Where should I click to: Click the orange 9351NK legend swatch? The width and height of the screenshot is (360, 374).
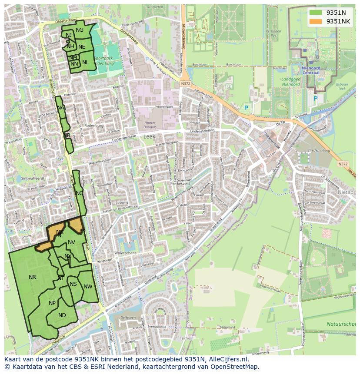point(316,21)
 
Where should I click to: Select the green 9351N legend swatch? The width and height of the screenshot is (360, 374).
point(316,13)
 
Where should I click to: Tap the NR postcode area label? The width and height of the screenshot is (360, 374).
point(32,277)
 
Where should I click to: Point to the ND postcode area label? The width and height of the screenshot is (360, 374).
point(62,315)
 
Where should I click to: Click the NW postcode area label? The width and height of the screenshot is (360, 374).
point(88,286)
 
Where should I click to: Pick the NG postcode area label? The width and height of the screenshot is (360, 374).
point(80,30)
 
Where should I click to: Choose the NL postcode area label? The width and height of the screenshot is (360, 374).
point(85,62)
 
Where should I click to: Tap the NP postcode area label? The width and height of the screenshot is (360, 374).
point(52,303)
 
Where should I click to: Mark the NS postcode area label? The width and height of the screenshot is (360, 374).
point(73,284)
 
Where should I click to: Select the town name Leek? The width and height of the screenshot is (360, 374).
point(149,136)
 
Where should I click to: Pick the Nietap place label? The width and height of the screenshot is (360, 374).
point(346,192)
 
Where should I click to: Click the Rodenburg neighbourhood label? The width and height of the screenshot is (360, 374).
point(94,126)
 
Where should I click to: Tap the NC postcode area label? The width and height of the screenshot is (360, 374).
point(79,193)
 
